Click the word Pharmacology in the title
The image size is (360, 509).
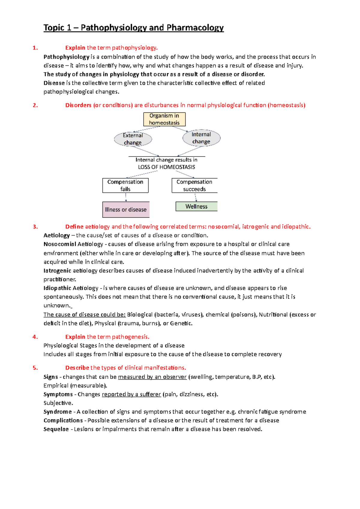195,28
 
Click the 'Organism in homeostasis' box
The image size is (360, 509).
164,119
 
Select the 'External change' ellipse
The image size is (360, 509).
133,139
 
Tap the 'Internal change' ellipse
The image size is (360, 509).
201,138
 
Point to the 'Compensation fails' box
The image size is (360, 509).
125,186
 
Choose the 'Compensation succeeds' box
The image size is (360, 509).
194,186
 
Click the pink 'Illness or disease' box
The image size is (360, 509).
126,210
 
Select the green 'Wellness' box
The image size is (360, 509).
196,207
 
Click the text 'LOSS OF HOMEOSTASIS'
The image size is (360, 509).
166,167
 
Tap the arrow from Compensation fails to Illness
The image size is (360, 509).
126,197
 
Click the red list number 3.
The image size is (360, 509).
35,227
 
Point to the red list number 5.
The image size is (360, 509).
35,368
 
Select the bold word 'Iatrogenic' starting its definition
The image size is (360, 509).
57,271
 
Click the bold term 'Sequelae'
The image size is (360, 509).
56,429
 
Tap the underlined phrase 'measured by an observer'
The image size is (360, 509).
152,377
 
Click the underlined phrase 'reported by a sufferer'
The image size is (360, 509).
131,394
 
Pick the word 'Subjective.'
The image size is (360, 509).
58,403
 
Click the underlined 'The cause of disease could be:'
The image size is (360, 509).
84,315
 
